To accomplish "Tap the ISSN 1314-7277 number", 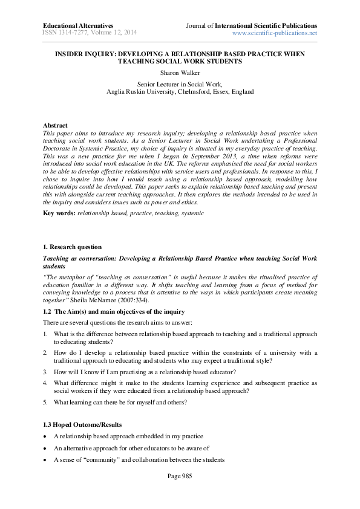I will (67, 33).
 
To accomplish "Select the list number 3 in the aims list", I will (45, 373).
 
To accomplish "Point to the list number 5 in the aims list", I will (45, 403).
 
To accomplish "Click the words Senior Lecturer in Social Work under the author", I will (179, 83).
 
